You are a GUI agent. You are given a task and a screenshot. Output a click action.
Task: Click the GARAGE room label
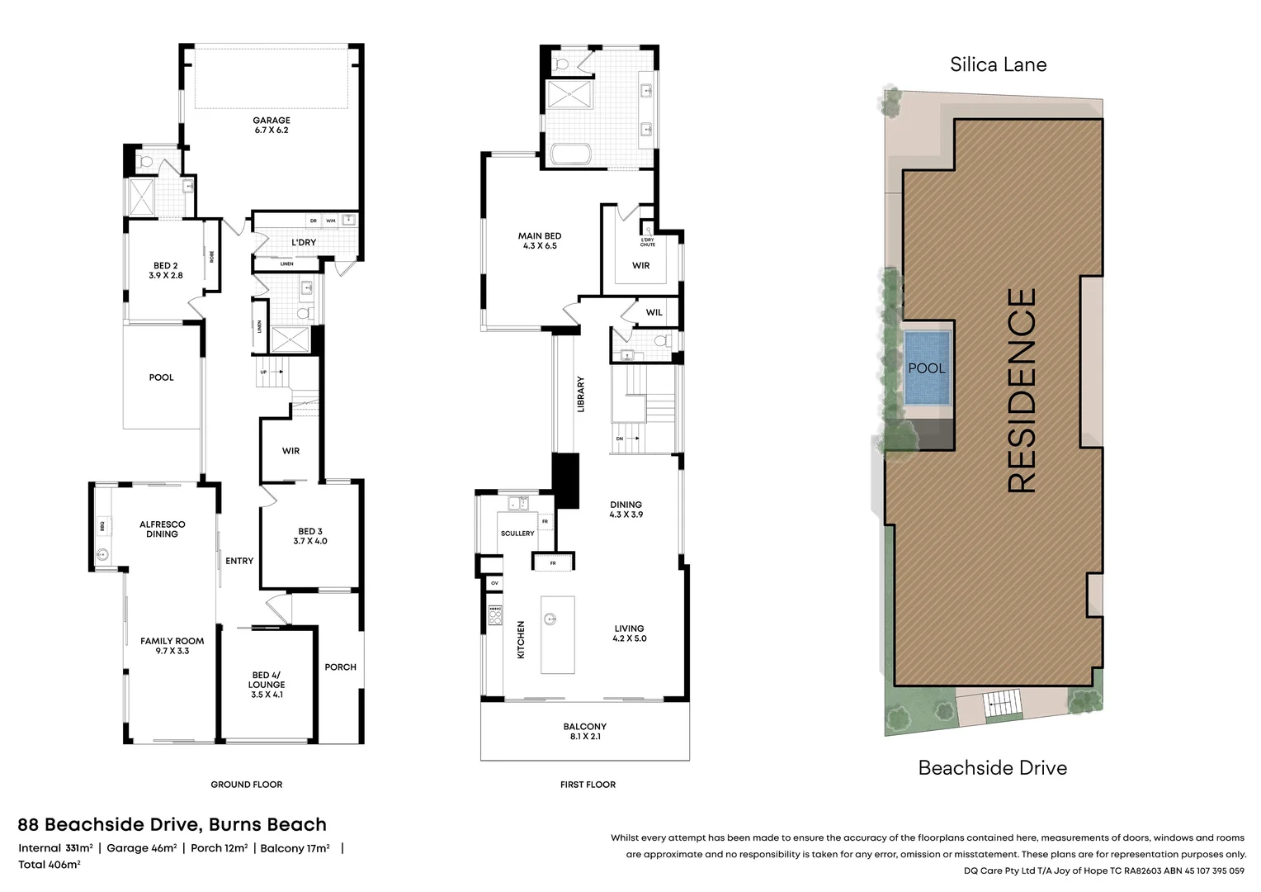(x=271, y=126)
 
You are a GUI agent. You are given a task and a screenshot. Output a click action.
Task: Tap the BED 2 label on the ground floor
(x=165, y=271)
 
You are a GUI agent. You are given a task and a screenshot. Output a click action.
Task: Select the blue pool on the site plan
(x=927, y=368)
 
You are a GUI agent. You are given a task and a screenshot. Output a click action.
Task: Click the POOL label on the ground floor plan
(x=161, y=377)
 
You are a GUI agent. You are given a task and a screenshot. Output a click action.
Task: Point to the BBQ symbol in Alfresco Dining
(x=102, y=524)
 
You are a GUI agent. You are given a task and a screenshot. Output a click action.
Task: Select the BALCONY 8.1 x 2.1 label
(x=584, y=732)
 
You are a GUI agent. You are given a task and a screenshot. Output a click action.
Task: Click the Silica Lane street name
(x=998, y=64)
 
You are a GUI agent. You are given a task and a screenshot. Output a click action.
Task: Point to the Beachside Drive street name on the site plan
(x=992, y=768)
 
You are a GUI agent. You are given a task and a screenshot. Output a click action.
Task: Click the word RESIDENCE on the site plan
(x=1022, y=391)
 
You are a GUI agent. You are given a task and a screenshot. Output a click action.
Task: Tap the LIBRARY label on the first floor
(x=580, y=395)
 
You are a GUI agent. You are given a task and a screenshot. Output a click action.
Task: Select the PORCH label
(x=340, y=667)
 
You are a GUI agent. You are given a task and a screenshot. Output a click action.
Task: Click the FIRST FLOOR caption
(x=588, y=785)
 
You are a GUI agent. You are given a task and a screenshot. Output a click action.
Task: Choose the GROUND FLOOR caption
(x=246, y=785)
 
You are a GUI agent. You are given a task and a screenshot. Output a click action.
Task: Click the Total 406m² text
(x=50, y=865)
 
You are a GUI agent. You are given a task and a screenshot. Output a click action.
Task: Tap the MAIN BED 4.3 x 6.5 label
(x=540, y=240)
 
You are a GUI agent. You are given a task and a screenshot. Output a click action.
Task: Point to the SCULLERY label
(x=517, y=534)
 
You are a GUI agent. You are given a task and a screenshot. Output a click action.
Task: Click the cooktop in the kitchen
(x=495, y=615)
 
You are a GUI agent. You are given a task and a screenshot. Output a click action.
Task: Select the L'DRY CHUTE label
(x=648, y=242)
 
